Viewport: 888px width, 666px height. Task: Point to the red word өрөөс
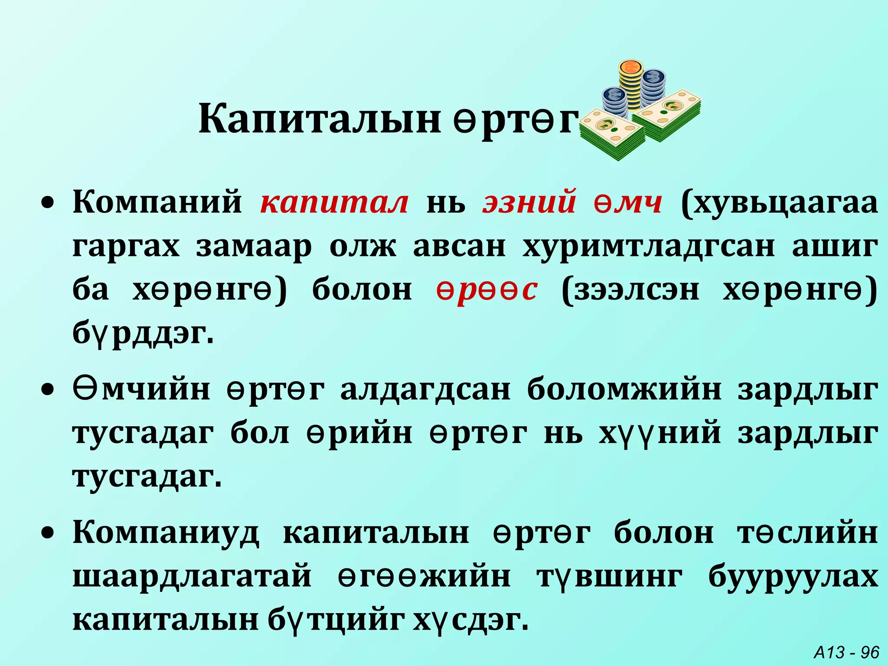[487, 290]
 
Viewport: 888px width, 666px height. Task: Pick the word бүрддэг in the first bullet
[143, 333]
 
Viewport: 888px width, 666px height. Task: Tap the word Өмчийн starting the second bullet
[141, 389]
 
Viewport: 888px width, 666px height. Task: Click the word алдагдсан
[425, 389]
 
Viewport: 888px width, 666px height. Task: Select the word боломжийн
[624, 389]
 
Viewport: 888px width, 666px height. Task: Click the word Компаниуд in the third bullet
[166, 532]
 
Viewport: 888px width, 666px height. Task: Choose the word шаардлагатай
[192, 577]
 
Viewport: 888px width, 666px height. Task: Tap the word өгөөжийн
[424, 577]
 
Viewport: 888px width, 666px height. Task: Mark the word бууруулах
[793, 577]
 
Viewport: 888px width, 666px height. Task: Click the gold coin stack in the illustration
[630, 85]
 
